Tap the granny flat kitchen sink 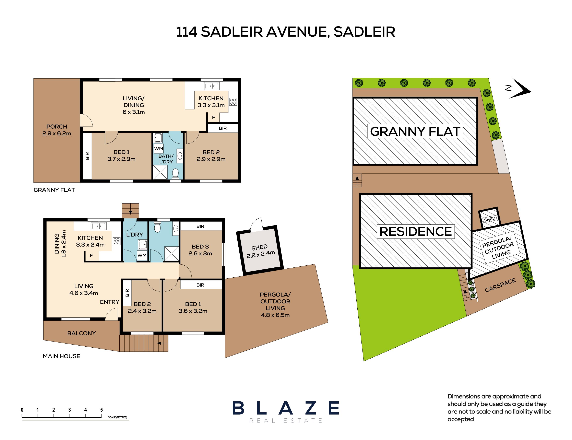coord(212,86)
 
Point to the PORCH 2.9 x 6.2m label coord(57,130)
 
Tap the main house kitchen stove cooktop coord(117,241)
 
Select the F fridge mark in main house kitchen coord(91,255)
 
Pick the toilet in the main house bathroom coord(157,227)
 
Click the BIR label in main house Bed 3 coord(200,226)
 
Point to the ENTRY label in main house coord(109,302)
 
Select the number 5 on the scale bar coord(101,410)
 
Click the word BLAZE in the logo coord(286,408)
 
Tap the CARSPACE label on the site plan coord(500,285)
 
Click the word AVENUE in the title coord(298,32)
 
